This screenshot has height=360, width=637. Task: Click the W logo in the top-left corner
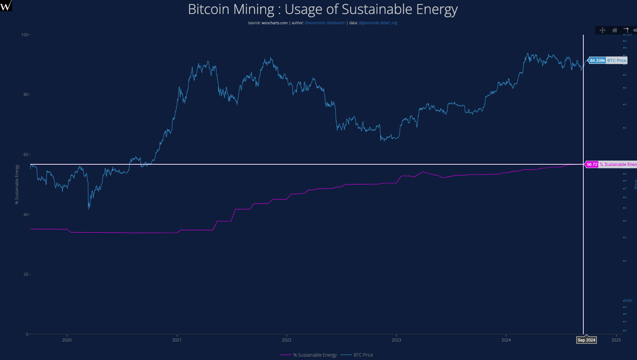[x=6, y=6]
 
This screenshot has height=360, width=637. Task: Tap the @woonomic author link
[x=315, y=23]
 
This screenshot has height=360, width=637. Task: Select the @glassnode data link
[x=369, y=23]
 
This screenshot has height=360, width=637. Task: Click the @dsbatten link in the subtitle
[x=336, y=23]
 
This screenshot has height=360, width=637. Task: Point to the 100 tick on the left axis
[x=25, y=35]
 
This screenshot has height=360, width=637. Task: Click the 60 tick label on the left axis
[x=26, y=155]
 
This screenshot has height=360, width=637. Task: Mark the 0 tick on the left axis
[x=27, y=334]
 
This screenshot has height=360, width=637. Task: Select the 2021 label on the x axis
[x=177, y=340]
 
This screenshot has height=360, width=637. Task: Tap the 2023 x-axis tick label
[x=396, y=340]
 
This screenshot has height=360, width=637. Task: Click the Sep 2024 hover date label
[x=586, y=340]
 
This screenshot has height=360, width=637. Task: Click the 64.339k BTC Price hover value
[x=597, y=60]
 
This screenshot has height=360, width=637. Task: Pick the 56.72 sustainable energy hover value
[x=592, y=164]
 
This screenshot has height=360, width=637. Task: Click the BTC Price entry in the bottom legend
[x=363, y=355]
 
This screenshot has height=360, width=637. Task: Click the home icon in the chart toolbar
[x=615, y=30]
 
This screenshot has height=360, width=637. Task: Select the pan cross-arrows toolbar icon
[x=603, y=30]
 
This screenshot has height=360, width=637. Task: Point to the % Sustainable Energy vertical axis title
[x=17, y=184]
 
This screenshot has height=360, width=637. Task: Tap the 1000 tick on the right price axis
[x=628, y=301]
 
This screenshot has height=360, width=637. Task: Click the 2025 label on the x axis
[x=616, y=340]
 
